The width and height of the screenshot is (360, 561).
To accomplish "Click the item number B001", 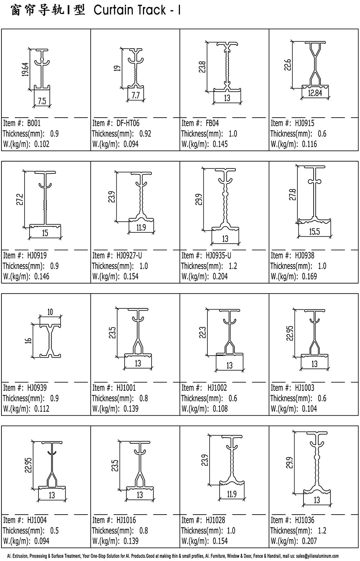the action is (x=34, y=123).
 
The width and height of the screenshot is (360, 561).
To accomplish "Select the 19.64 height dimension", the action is (x=25, y=69).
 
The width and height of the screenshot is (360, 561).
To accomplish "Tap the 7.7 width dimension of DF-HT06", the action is (x=135, y=96).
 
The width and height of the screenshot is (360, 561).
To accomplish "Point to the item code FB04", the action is (x=212, y=123).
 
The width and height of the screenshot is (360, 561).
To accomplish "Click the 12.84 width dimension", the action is (x=315, y=93).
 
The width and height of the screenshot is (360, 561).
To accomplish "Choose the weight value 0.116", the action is (x=309, y=144).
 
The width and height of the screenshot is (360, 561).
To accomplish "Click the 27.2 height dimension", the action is (x=20, y=199).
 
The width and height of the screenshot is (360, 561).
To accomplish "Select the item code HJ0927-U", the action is (x=129, y=255).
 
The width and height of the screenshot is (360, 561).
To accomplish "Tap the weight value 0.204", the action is (x=220, y=276).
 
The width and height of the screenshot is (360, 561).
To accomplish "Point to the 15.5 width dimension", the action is (x=314, y=232).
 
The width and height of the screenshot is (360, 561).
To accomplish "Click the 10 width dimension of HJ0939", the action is (x=50, y=312).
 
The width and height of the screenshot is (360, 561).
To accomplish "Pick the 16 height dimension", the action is (x=28, y=341).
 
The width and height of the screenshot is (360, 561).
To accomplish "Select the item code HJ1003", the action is (x=305, y=388).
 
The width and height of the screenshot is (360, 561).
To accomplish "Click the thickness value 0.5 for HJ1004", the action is (x=54, y=530).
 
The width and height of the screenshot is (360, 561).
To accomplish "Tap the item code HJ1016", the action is (x=126, y=520).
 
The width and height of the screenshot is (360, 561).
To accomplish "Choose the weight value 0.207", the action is (x=309, y=541).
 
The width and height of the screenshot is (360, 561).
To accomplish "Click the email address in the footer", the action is (x=318, y=556).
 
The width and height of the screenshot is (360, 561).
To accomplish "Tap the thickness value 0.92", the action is (x=145, y=134).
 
